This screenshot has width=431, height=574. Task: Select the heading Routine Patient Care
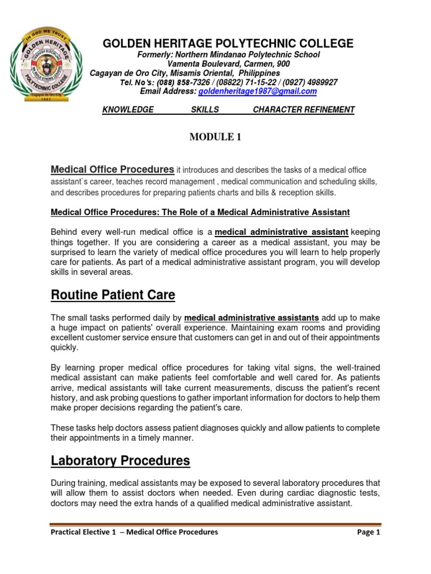pos(113,295)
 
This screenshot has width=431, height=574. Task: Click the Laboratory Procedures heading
pos(120,461)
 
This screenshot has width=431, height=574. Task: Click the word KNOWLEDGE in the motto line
pos(128,110)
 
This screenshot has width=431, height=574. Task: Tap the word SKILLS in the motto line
pos(205,110)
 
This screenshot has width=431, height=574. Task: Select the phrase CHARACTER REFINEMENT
pos(304,110)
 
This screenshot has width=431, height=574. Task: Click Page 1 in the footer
pos(368,532)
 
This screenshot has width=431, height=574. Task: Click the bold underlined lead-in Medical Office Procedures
pos(112,169)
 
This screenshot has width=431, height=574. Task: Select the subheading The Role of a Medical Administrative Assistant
pos(243,212)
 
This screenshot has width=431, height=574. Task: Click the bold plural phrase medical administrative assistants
pos(251,317)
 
